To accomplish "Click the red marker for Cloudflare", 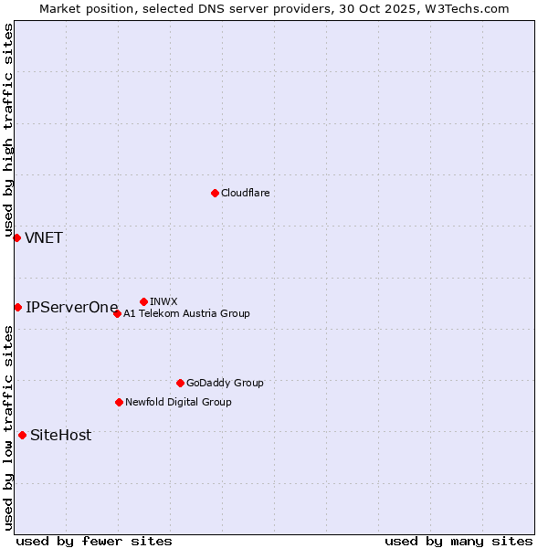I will tap(215, 193).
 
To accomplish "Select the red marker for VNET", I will tap(16, 237).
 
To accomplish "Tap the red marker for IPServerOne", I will tap(17, 307).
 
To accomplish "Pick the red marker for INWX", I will tap(143, 301).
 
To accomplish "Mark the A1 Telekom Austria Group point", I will tap(117, 313).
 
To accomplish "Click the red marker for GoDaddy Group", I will tap(180, 383).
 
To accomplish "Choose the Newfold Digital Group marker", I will tap(119, 402).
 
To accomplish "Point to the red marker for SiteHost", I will tap(22, 435).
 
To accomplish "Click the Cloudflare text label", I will tap(245, 193).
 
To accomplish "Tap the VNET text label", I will tap(44, 238).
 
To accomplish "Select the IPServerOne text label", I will tap(72, 308).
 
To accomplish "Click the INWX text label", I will tap(163, 301).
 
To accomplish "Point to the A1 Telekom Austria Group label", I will tap(186, 313).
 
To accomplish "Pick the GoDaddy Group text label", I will tap(224, 383).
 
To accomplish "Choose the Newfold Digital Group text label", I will tap(178, 402).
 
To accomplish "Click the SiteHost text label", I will tap(60, 436).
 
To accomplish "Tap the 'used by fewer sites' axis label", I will tap(94, 541).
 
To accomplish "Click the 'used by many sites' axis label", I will tap(458, 541).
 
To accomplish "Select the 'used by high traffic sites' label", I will tap(9, 128).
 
